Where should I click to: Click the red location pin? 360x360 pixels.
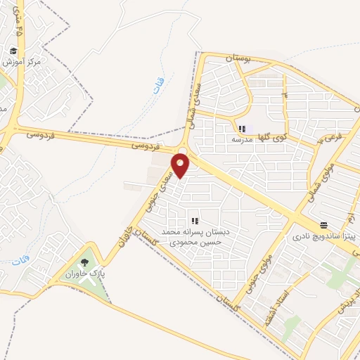181,165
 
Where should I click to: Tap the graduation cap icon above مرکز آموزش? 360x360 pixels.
14,51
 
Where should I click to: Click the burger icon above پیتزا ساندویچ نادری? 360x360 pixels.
323,225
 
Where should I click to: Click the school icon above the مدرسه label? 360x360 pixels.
242,129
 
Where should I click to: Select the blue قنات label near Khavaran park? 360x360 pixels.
18,262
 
